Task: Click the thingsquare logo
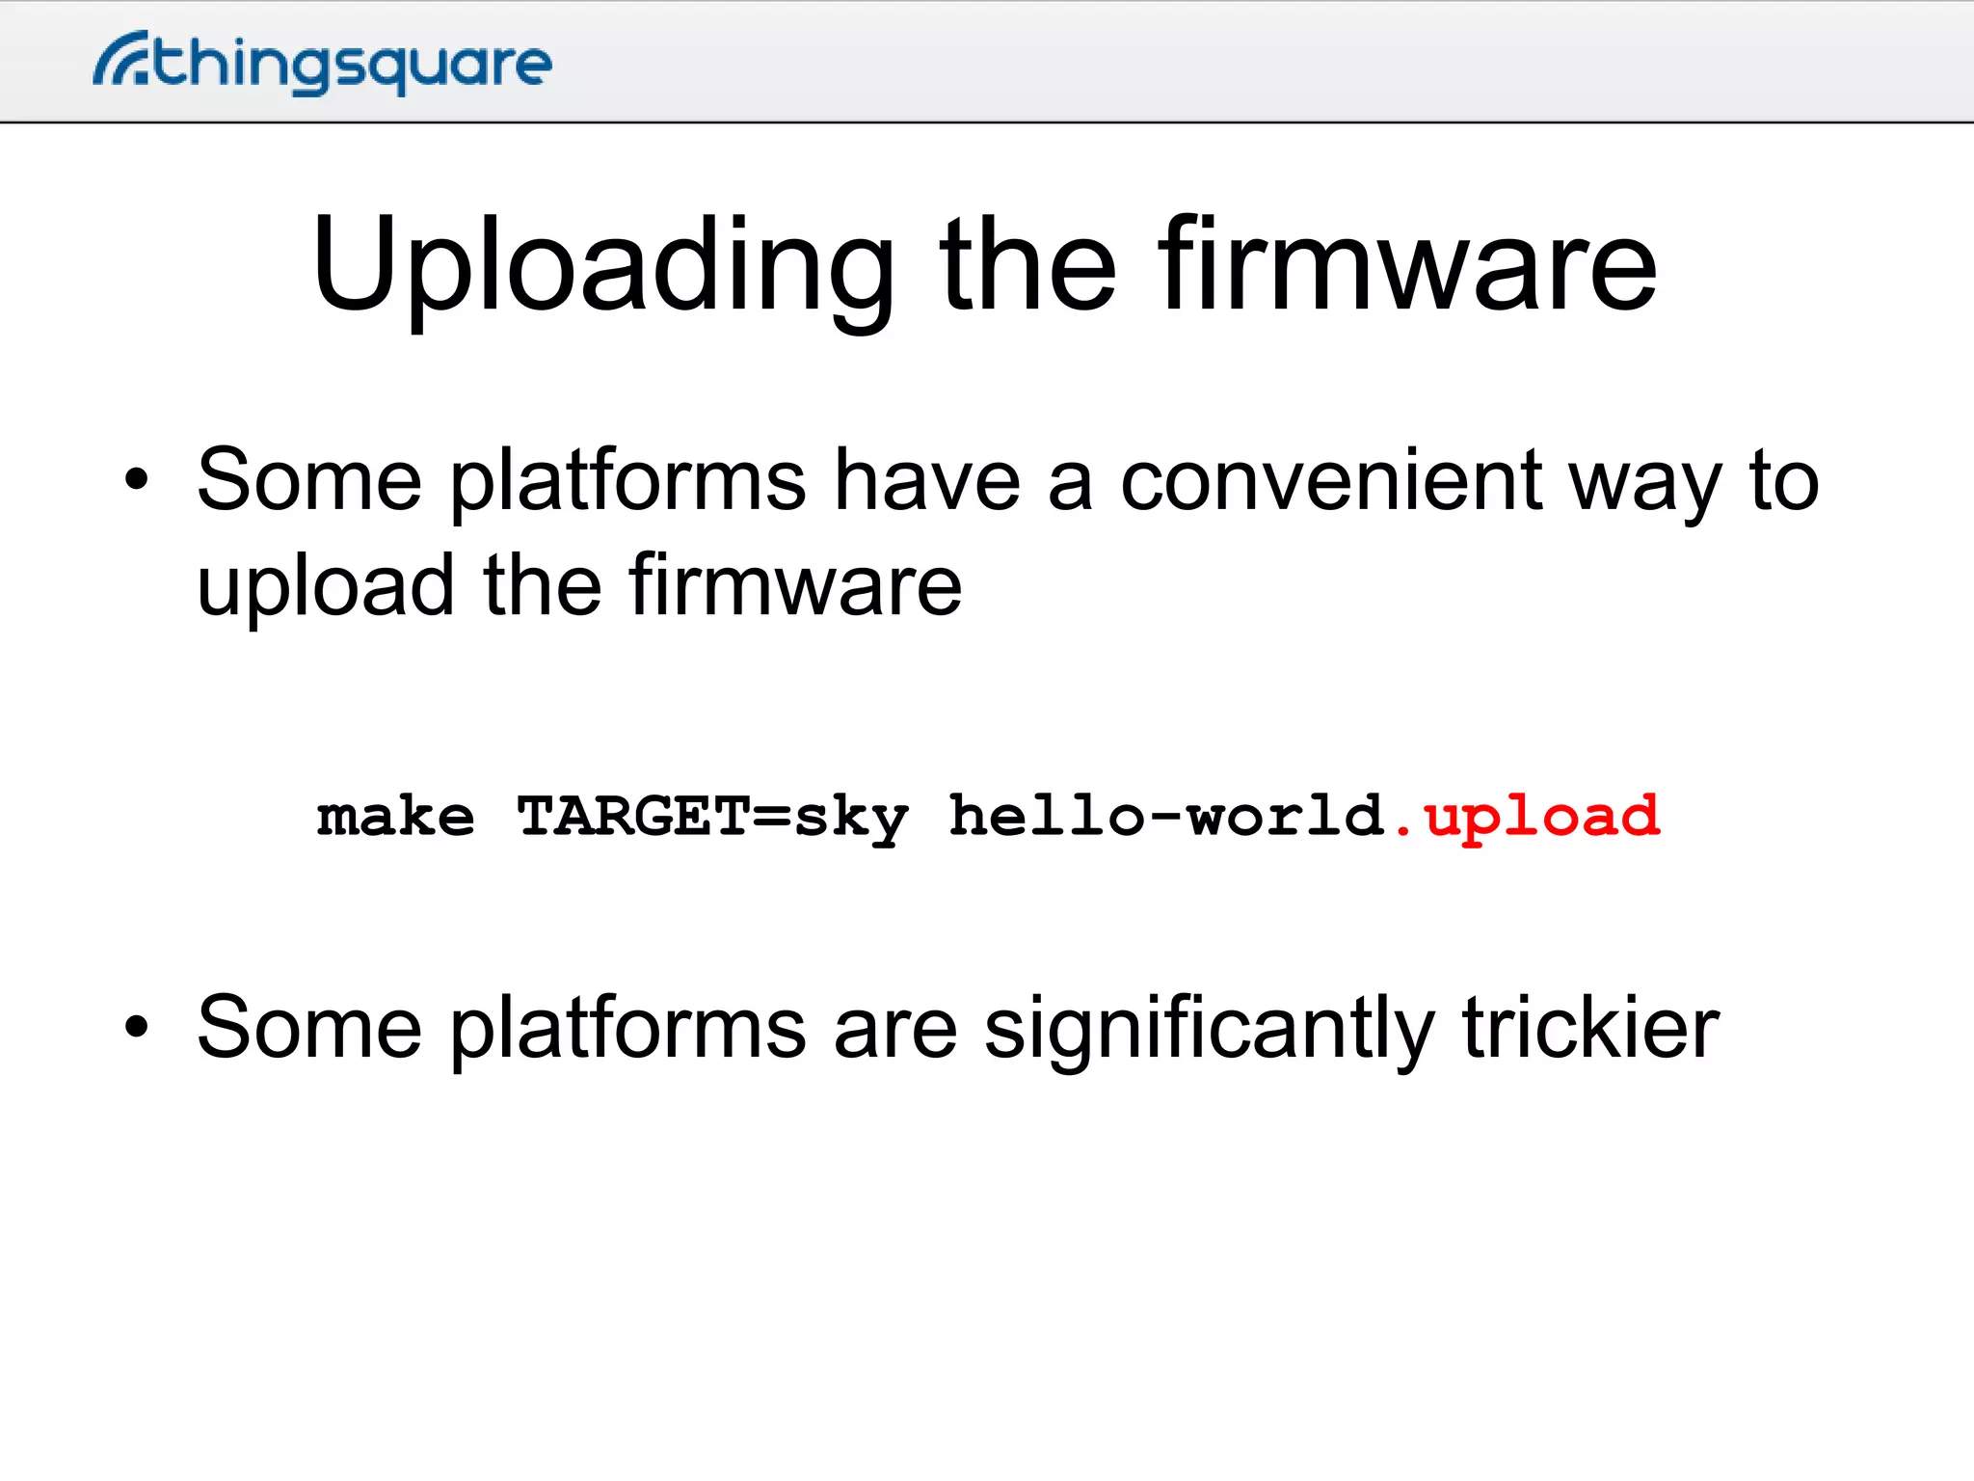click(323, 63)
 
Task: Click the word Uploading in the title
click(603, 267)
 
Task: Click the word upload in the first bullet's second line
click(326, 588)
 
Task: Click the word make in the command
click(396, 818)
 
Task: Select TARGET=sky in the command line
click(712, 818)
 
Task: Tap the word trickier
click(1590, 1028)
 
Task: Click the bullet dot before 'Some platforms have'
click(137, 479)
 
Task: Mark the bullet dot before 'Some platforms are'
click(137, 1027)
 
